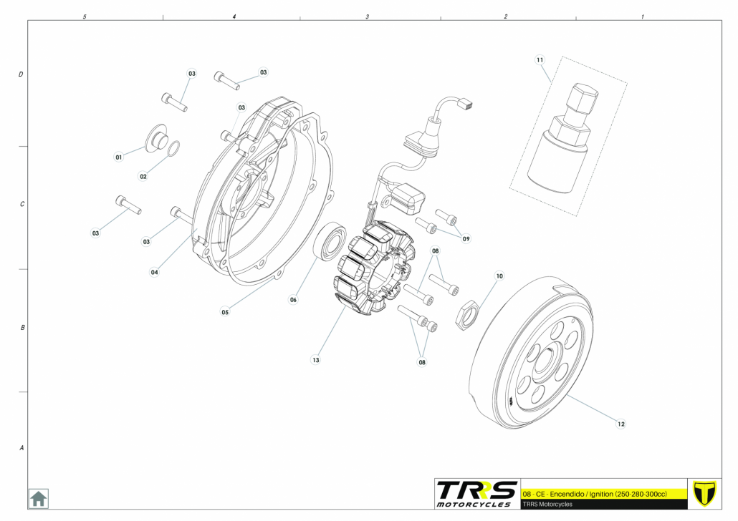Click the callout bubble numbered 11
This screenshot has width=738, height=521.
[540, 59]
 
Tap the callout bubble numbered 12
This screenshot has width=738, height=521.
[620, 424]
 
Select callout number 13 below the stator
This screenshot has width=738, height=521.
[315, 360]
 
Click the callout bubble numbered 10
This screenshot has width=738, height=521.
[499, 276]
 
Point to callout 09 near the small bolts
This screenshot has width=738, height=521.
[466, 239]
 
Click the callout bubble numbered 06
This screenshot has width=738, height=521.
[293, 300]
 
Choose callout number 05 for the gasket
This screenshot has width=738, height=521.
[225, 312]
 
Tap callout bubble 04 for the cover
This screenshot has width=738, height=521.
[154, 272]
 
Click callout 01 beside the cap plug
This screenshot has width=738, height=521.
[119, 157]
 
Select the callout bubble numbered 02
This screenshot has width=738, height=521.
[143, 176]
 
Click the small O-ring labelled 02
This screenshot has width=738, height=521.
[173, 148]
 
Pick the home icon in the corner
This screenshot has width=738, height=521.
[38, 498]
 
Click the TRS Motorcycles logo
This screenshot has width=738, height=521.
[476, 494]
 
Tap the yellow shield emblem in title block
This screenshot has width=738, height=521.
[704, 493]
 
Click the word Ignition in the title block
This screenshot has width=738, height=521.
[601, 495]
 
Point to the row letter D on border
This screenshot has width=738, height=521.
[21, 74]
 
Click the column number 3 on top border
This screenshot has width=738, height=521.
[368, 17]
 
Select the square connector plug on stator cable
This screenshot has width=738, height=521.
[467, 104]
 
